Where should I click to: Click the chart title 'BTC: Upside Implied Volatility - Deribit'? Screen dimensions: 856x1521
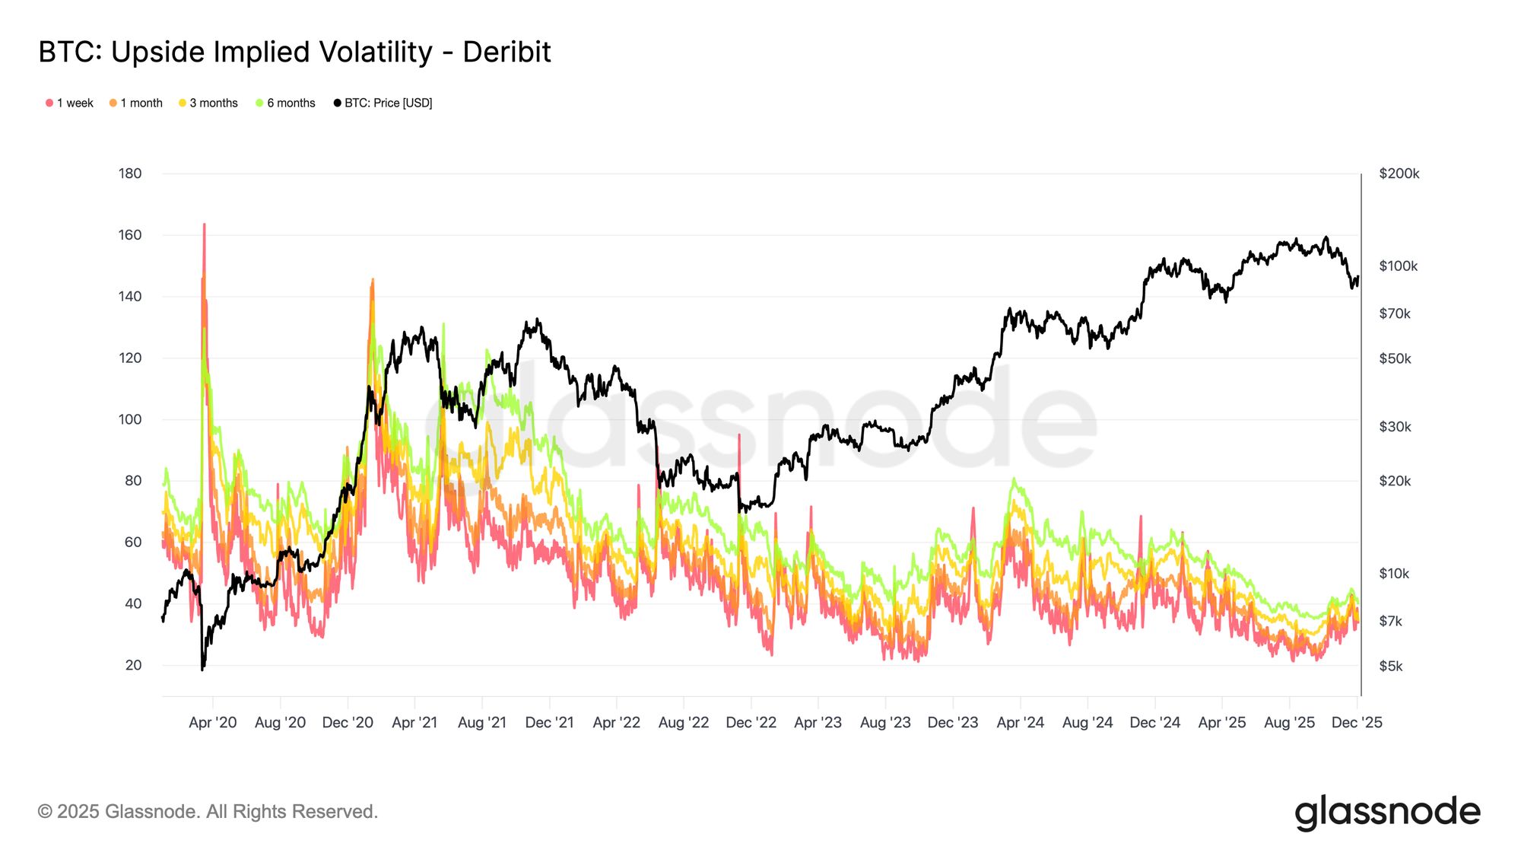click(x=294, y=53)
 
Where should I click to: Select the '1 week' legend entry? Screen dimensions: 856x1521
click(x=69, y=103)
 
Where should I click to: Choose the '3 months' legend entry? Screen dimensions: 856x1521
click(x=208, y=103)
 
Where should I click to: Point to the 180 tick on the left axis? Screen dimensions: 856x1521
click(x=130, y=173)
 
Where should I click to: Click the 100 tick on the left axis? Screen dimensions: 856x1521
click(x=130, y=419)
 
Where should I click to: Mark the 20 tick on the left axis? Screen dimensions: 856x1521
click(x=133, y=665)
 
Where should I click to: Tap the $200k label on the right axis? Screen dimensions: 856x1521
click(x=1399, y=173)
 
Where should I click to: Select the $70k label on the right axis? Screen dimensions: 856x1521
click(x=1394, y=313)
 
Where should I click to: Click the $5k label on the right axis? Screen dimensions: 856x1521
click(x=1390, y=666)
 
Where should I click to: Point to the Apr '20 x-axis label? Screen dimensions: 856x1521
click(x=212, y=722)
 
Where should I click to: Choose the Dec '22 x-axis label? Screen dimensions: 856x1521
click(x=751, y=722)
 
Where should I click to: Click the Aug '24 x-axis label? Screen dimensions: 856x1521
click(x=1087, y=722)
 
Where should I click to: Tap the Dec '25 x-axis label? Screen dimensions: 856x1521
click(x=1356, y=722)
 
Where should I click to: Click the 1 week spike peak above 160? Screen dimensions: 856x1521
click(x=204, y=225)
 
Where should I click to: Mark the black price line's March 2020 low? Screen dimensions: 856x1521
click(x=202, y=669)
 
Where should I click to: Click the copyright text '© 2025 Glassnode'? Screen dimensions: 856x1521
click(x=208, y=812)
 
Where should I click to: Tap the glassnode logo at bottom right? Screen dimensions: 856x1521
click(x=1387, y=812)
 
